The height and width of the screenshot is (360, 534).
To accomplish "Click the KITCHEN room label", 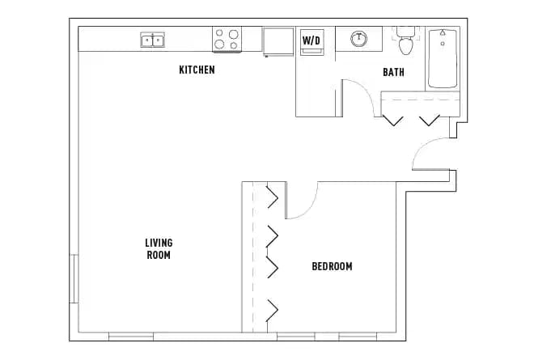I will [x=197, y=70].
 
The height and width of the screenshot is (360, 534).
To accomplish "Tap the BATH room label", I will [x=393, y=73].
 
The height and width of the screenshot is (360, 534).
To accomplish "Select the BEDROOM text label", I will [x=332, y=266].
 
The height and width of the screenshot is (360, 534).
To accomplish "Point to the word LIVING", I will [x=159, y=243].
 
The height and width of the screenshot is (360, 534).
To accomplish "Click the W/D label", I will [x=311, y=40].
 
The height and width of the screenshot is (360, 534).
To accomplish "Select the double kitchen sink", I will [x=152, y=40].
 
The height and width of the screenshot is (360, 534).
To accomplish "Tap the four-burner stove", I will [x=227, y=40].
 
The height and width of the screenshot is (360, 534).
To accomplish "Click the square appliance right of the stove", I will [x=277, y=41].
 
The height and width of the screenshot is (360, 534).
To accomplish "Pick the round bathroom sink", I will [x=358, y=38].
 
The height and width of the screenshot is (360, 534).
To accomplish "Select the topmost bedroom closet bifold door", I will [x=273, y=196].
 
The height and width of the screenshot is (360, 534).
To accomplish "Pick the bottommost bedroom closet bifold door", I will [x=273, y=309].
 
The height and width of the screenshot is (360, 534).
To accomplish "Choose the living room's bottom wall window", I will [x=131, y=336].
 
